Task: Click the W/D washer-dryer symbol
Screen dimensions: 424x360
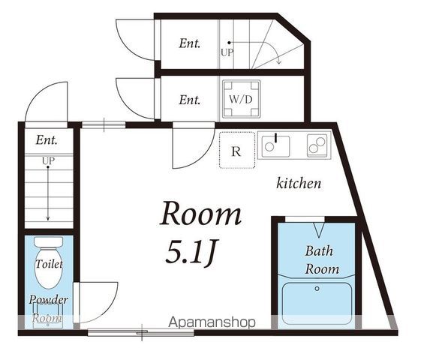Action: pos(241,99)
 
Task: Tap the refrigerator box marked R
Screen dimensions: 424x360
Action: pos(237,150)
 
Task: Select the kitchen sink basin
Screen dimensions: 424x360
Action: pos(275,146)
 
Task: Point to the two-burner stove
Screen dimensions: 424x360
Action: pos(317,145)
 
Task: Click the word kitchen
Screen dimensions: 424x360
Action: pos(299,184)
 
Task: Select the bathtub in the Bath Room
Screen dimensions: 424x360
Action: pos(317,303)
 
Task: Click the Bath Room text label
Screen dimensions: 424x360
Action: pos(322,260)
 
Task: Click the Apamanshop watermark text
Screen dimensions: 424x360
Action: pos(212,322)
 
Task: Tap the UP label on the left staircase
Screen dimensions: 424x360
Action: pos(48,160)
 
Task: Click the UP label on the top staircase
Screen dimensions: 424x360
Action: pos(227,52)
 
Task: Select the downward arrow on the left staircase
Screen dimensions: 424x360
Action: pos(48,193)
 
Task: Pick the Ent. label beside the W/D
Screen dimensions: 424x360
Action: pos(190,100)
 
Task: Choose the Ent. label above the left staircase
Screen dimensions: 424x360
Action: pos(47,140)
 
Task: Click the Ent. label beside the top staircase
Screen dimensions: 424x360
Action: pos(190,43)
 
